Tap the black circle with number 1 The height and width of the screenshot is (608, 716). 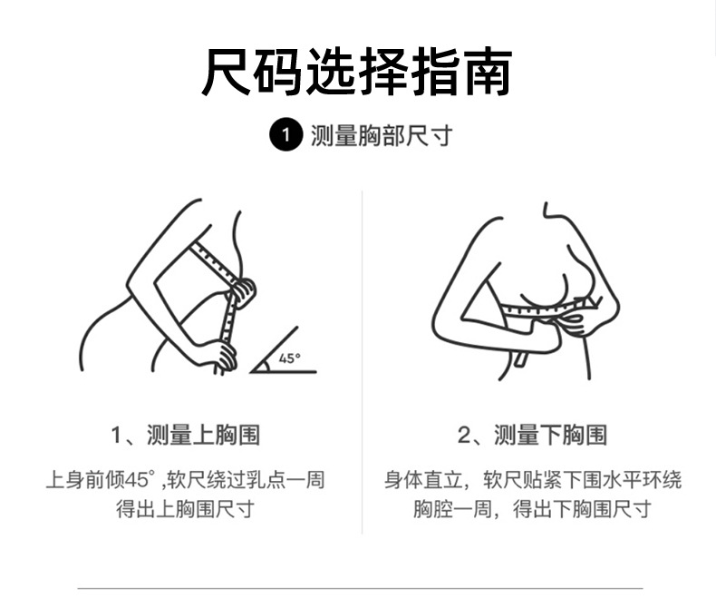[x=285, y=137]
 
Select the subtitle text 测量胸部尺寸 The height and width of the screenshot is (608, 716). [x=381, y=137]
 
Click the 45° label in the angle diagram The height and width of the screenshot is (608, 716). [x=289, y=358]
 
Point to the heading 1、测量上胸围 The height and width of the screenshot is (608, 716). [x=185, y=436]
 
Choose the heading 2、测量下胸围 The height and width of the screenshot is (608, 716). [x=532, y=436]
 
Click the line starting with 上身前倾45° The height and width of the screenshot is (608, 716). [x=185, y=479]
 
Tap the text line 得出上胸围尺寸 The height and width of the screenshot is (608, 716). [x=185, y=509]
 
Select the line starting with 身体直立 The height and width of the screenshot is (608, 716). [x=532, y=479]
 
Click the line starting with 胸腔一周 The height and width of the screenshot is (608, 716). [x=532, y=509]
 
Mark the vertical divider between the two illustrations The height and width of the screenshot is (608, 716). [x=363, y=363]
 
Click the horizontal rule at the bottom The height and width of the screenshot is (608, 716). [x=359, y=589]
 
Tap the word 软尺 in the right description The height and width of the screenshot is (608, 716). [x=500, y=479]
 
